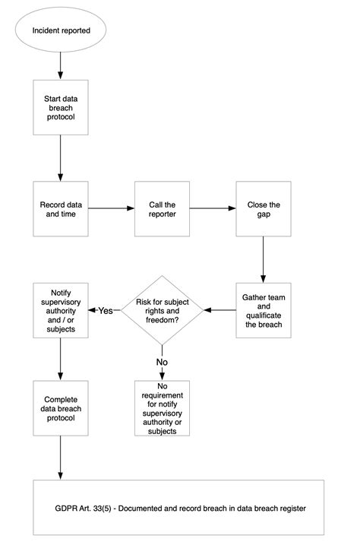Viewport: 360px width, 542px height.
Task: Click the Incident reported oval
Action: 61,30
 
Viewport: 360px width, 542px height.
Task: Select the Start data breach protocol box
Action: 61,107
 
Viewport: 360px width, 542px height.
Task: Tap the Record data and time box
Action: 61,209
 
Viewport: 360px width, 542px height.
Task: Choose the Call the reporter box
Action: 162,209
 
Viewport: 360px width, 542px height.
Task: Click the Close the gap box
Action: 264,209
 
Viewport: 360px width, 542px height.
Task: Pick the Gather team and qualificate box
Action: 264,310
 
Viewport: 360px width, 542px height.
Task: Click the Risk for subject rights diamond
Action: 162,310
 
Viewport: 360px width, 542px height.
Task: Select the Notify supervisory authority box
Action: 61,310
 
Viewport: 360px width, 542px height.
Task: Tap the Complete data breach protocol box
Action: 61,408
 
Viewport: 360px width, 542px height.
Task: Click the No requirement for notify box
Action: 162,408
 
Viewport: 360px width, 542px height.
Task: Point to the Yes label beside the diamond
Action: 106,310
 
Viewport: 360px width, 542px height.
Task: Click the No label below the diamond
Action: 162,362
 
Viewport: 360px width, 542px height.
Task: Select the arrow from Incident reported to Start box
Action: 61,66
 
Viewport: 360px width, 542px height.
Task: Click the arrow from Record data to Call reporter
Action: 111,208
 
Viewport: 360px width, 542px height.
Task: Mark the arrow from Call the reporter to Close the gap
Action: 213,208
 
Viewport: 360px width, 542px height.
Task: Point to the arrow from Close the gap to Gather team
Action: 264,259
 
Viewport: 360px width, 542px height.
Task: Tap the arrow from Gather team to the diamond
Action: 220,310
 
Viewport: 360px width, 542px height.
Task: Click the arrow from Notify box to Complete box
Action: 61,359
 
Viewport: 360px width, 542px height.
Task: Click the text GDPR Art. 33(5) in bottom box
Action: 83,509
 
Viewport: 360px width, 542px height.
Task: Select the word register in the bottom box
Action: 293,509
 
